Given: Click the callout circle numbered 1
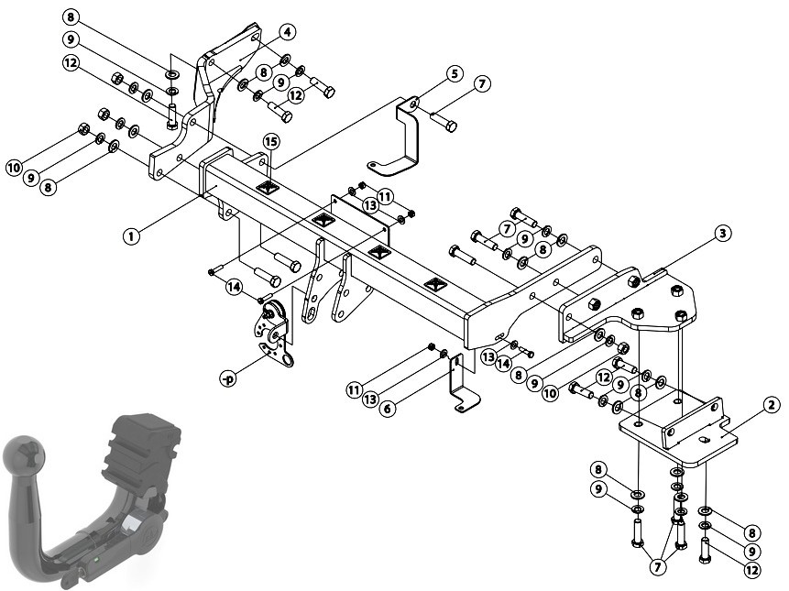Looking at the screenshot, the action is coord(131,235).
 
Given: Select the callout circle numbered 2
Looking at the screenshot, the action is coord(772,405).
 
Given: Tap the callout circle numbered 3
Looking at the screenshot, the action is coord(723,234).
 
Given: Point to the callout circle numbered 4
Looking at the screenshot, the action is coord(287,32).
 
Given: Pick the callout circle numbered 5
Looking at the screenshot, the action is coord(455,74).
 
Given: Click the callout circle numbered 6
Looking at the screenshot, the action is coord(387,409).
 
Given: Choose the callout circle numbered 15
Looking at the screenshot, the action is coord(270,142).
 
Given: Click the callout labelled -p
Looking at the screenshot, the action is coord(228,378).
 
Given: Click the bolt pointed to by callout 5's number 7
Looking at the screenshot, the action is coord(444,121).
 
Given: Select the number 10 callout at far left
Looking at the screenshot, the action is coord(14,168).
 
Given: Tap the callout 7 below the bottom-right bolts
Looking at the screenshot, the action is coord(657,567).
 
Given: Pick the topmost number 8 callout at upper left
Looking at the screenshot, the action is coord(71,17).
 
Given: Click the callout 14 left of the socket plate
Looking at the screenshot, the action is coord(234,287).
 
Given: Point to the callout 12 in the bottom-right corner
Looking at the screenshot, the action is coord(751,570).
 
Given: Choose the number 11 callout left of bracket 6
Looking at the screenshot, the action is coord(355,389).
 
